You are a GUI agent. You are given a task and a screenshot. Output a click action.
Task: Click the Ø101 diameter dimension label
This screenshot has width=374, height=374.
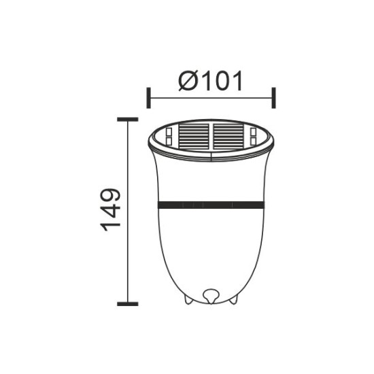pyautogui.click(x=210, y=82)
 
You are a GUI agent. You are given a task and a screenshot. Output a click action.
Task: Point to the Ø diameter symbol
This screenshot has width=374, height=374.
pyautogui.click(x=188, y=82)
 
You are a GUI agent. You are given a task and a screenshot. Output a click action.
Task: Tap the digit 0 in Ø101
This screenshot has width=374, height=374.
pyautogui.click(x=216, y=82)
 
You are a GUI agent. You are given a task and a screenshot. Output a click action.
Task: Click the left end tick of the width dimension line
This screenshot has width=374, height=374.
pyautogui.click(x=148, y=97)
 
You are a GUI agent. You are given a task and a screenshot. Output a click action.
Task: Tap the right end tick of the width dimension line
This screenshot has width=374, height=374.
pyautogui.click(x=273, y=97)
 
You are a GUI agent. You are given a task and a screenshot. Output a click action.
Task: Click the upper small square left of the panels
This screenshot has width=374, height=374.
pyautogui.click(x=166, y=131)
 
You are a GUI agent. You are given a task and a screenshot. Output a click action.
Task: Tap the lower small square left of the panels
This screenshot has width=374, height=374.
pyautogui.click(x=166, y=140)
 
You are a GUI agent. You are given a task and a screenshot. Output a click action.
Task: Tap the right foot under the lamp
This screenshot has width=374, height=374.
pyautogui.click(x=235, y=299)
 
